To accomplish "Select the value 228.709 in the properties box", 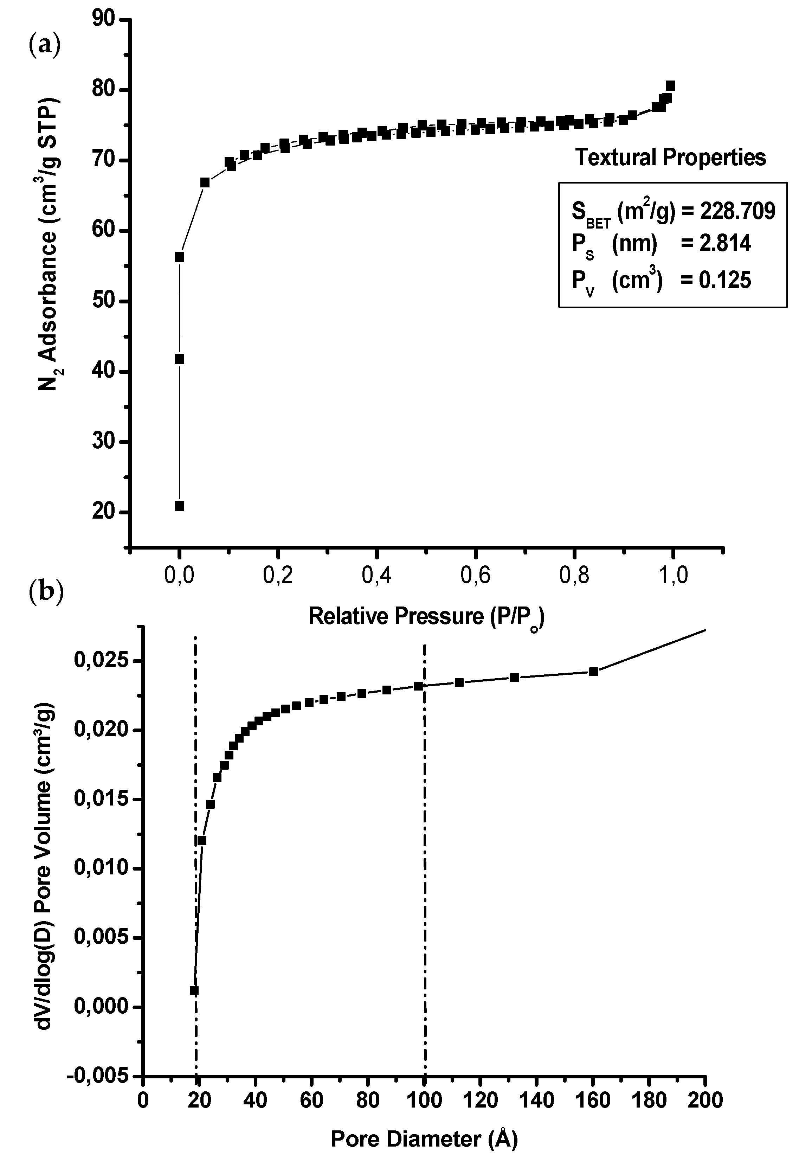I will click(737, 212).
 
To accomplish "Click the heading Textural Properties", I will click(670, 158).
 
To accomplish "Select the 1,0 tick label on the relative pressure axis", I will click(673, 576).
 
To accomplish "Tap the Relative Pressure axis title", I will click(426, 617).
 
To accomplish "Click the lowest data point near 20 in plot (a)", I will click(179, 506).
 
